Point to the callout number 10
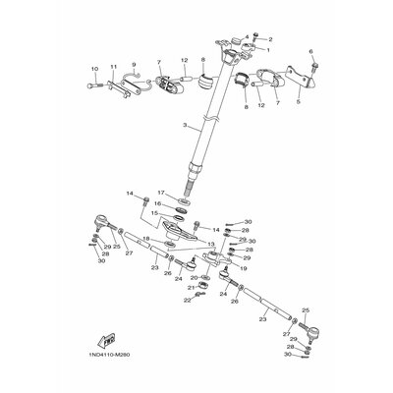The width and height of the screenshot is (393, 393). click(95, 68)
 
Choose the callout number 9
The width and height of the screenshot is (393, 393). click(134, 65)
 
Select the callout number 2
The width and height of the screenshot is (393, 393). click(269, 39)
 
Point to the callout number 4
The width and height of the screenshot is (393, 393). click(247, 34)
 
